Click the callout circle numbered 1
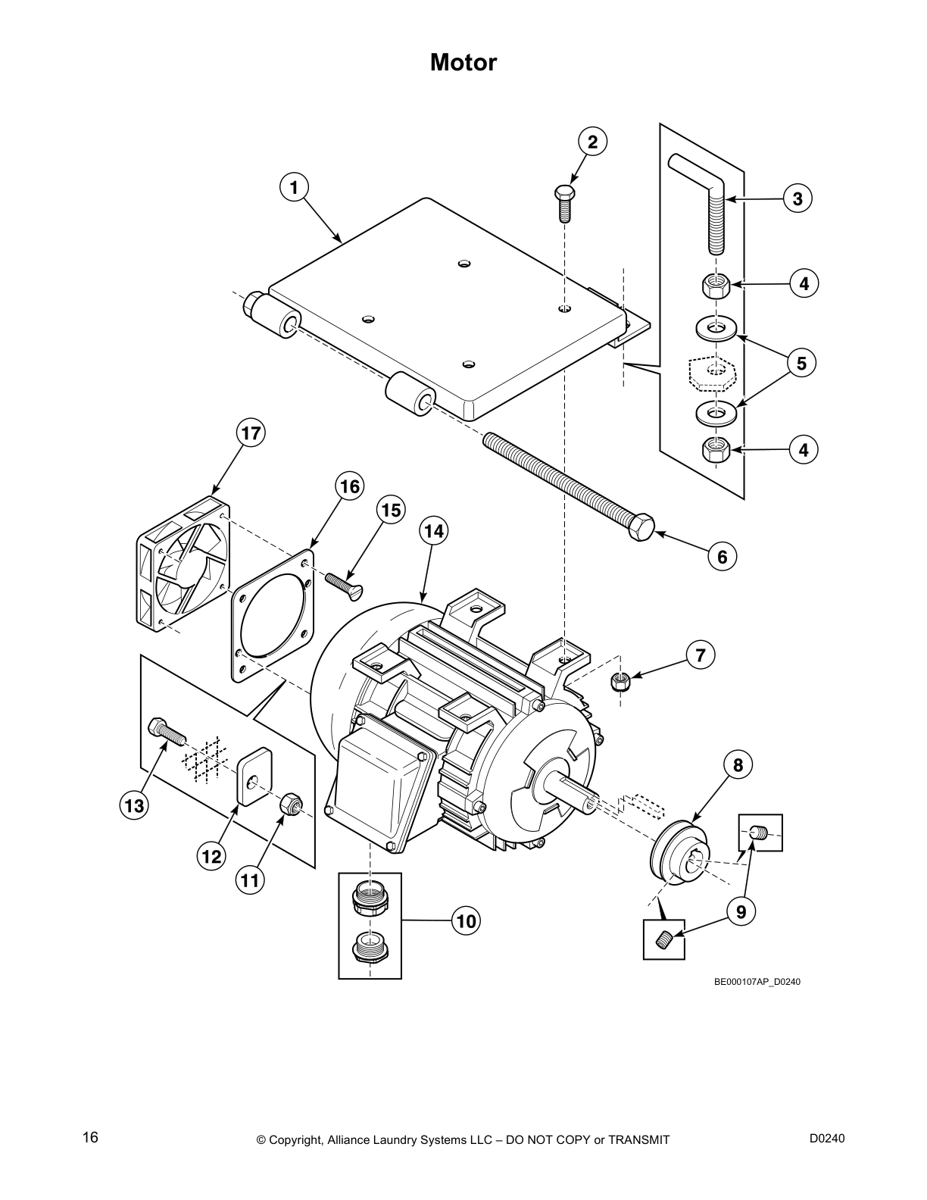pos(294,186)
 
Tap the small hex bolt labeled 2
pos(564,202)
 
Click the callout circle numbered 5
pos(801,363)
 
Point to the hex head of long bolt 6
pos(641,527)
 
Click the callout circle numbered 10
pos(467,921)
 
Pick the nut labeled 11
pos(289,804)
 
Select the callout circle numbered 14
pos(433,531)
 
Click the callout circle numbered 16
pos(350,486)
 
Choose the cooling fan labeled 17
pos(182,564)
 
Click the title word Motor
pos(463,62)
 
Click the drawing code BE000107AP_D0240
pos(757,982)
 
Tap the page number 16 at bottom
pos(90,1137)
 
